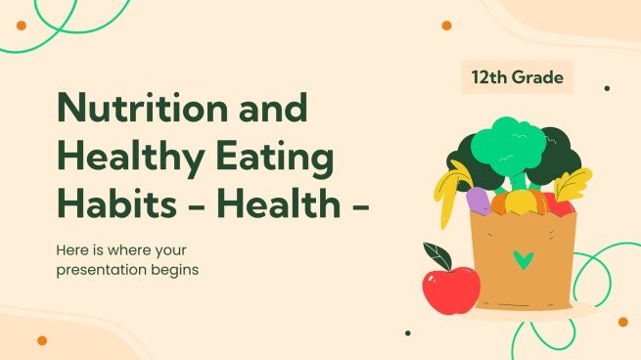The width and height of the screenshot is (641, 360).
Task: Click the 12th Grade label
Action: pos(518,76)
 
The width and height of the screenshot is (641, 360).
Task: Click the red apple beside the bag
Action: pos(450,289)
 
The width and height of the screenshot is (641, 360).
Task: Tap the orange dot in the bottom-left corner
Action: pos(42,340)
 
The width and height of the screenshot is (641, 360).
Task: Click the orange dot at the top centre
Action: pos(446,25)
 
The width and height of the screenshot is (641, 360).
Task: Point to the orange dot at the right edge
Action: pos(622,322)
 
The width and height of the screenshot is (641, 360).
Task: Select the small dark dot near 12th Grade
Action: pos(607,88)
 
